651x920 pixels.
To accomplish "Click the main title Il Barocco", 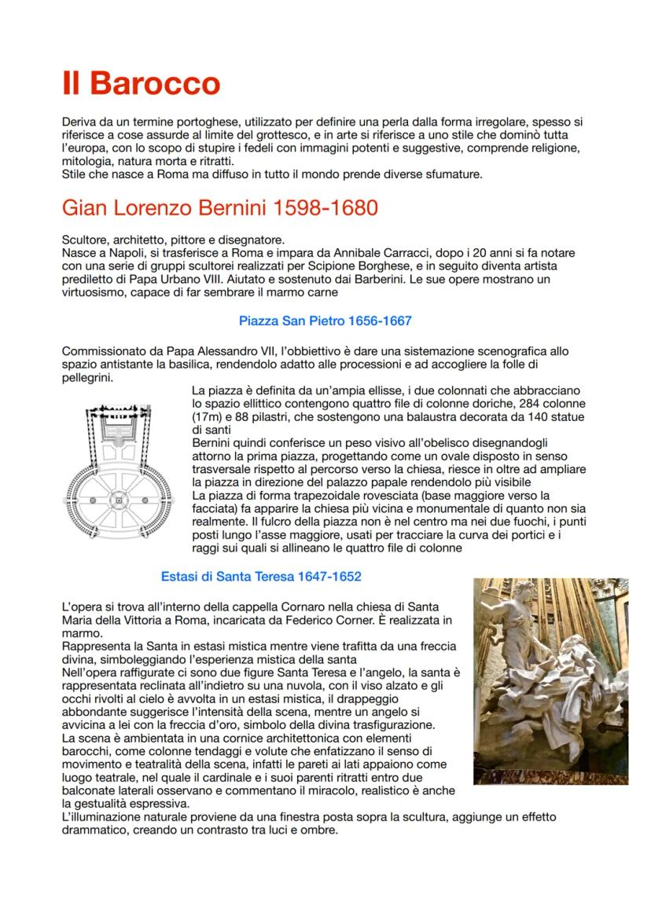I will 141,83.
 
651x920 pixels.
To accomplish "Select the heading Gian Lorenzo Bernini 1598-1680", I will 219,209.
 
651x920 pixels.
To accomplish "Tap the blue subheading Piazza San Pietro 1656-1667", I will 325,321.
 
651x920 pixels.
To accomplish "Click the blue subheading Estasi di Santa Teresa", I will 261,577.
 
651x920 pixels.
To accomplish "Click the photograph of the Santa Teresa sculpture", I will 550,681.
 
